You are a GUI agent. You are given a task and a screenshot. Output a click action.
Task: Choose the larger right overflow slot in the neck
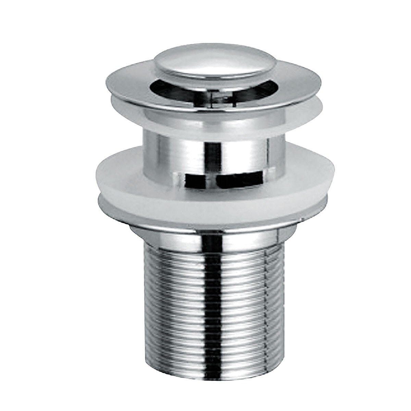click(x=240, y=179)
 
